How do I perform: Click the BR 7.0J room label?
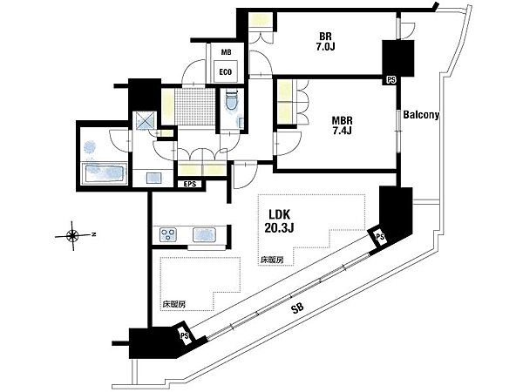pyautogui.click(x=325, y=41)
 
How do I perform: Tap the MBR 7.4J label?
pyautogui.click(x=342, y=125)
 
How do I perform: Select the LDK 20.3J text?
pyautogui.click(x=279, y=220)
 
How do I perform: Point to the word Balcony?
pyautogui.click(x=421, y=115)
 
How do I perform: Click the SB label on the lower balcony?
pyautogui.click(x=297, y=309)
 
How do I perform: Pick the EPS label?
pyautogui.click(x=190, y=184)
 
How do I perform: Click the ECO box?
pyautogui.click(x=226, y=71)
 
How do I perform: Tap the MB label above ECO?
pyautogui.click(x=226, y=52)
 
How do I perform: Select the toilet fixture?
pyautogui.click(x=231, y=100)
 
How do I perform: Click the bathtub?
pyautogui.click(x=105, y=173)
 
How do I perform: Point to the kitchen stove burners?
pyautogui.click(x=167, y=233)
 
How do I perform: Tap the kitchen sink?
pyautogui.click(x=205, y=233)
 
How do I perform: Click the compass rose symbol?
pyautogui.click(x=72, y=236)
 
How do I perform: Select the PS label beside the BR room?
pyautogui.click(x=391, y=80)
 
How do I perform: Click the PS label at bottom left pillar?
pyautogui.click(x=185, y=335)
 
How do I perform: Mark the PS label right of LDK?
pyautogui.click(x=380, y=237)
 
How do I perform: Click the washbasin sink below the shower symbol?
pyautogui.click(x=153, y=178)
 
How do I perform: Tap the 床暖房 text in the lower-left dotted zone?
pyautogui.click(x=174, y=304)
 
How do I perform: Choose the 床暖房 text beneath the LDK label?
pyautogui.click(x=272, y=260)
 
